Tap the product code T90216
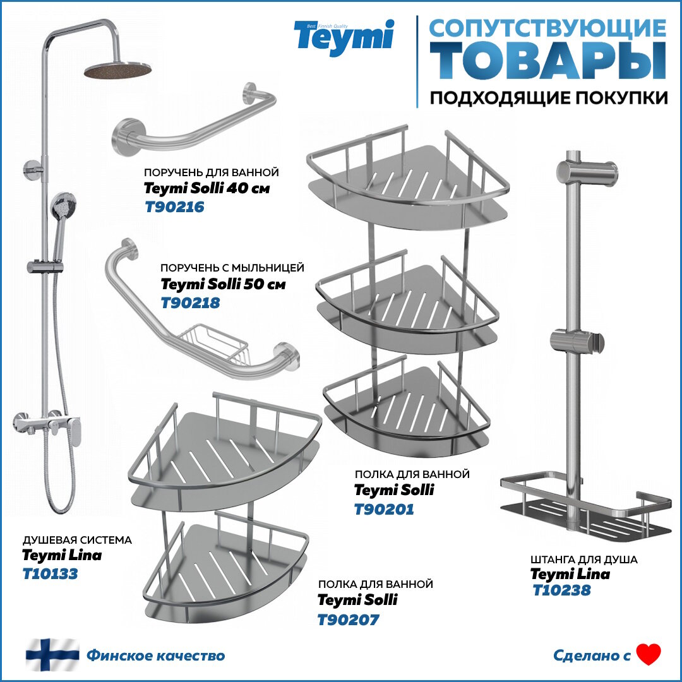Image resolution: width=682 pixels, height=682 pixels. (174, 206)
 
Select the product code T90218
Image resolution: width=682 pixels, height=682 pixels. (191, 303)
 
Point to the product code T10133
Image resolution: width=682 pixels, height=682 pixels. (50, 574)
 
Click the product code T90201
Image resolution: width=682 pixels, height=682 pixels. (384, 509)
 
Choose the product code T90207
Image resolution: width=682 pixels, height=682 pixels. (348, 619)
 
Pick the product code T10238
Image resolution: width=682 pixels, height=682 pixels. (561, 590)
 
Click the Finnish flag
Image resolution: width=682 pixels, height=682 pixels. (52, 655)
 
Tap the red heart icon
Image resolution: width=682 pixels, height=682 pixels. (648, 655)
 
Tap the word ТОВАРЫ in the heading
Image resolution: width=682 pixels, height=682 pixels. (548, 60)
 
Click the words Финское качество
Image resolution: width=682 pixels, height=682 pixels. (155, 655)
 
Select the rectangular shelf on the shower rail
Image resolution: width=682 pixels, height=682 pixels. (584, 505)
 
